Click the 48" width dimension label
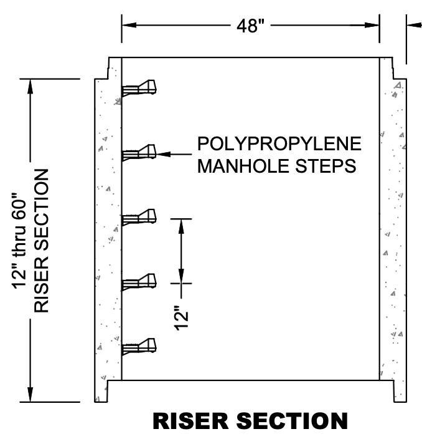[250, 26]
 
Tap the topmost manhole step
[139, 88]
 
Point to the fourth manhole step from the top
[139, 281]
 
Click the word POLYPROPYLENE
[279, 143]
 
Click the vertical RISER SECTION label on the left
[43, 240]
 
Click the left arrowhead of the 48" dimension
[128, 26]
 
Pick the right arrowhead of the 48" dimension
[373, 26]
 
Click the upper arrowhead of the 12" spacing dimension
[181, 224]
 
